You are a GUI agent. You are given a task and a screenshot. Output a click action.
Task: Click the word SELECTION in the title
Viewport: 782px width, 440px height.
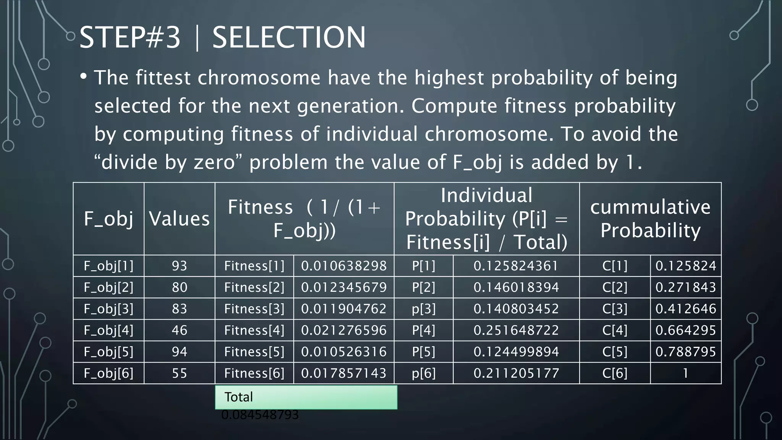coord(289,37)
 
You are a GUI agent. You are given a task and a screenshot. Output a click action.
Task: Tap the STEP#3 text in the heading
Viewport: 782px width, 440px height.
coord(130,37)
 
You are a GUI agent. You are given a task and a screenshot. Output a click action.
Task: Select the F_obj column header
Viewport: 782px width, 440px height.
coord(108,219)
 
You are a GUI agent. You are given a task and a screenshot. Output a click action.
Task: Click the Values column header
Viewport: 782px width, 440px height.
coord(179,219)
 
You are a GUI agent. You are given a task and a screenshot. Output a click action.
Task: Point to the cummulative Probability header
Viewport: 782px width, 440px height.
coord(650,219)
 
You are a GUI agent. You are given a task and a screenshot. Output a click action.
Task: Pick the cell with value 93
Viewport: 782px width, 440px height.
coord(179,266)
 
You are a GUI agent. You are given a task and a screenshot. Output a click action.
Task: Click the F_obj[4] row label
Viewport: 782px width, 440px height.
coord(108,330)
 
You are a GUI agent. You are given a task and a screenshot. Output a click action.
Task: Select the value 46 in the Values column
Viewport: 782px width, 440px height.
coord(179,330)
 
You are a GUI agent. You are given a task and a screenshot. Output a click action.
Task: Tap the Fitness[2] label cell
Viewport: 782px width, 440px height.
coord(254,287)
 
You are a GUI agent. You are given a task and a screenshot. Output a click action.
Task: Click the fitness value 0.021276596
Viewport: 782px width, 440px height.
coord(344,330)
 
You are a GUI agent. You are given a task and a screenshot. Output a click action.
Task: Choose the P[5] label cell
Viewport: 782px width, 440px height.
coord(423,352)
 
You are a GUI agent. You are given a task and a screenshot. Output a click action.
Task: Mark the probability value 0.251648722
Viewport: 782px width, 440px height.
coord(516,330)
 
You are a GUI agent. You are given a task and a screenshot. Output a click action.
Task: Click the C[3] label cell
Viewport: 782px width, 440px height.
coord(615,309)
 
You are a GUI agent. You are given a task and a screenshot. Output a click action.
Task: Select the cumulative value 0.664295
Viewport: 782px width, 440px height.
coord(686,330)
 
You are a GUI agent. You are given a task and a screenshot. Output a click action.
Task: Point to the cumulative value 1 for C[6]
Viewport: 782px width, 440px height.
coord(686,373)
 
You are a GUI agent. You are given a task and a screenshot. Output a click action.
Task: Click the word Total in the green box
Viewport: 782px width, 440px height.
coord(239,397)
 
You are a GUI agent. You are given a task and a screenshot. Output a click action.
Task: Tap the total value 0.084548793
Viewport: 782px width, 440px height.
coord(260,415)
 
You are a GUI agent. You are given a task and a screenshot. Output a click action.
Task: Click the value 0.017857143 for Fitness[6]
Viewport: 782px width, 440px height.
coord(344,373)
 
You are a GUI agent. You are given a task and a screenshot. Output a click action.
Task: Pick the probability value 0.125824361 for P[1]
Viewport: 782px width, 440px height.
coord(516,266)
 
